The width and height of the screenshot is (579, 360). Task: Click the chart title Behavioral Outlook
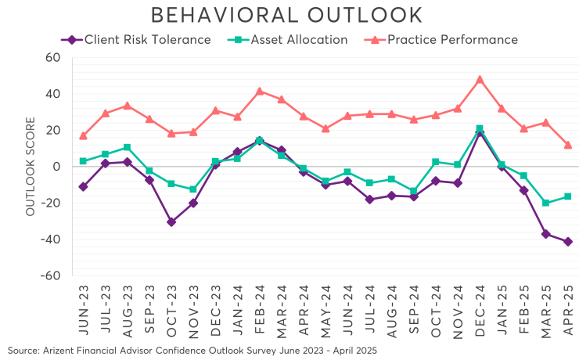tap(286, 15)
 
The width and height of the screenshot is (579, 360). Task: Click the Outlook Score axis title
tap(31, 166)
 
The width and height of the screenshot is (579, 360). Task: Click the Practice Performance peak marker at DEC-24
tap(480, 79)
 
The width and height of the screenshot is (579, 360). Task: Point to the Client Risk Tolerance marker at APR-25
tap(568, 241)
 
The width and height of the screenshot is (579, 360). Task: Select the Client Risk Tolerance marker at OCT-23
tap(171, 221)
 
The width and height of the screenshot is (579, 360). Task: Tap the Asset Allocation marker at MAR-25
tap(546, 203)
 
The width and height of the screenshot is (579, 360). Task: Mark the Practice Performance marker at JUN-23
tap(84, 135)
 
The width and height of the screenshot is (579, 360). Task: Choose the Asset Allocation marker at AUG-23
tap(128, 147)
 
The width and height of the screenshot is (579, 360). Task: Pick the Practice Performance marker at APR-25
tap(568, 145)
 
